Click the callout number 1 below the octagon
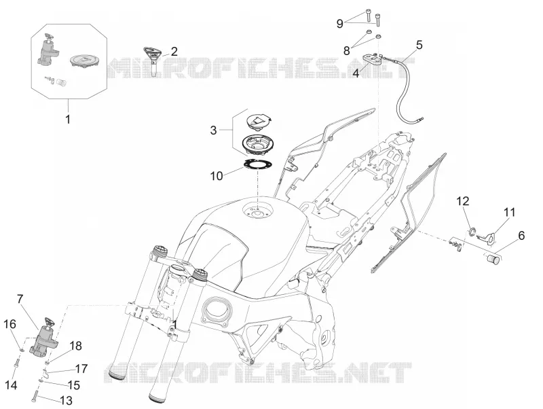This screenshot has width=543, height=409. pyautogui.click(x=68, y=119)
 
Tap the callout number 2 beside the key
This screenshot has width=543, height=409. pyautogui.click(x=174, y=52)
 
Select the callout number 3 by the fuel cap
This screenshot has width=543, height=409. pyautogui.click(x=213, y=130)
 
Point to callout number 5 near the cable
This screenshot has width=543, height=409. pyautogui.click(x=419, y=45)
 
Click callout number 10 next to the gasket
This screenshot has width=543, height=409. pyautogui.click(x=217, y=176)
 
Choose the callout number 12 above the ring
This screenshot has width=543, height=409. pyautogui.click(x=463, y=201)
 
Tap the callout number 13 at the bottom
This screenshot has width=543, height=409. pyautogui.click(x=66, y=401)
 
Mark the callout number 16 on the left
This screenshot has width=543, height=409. pyautogui.click(x=10, y=325)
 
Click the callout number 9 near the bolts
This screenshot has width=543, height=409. pyautogui.click(x=340, y=24)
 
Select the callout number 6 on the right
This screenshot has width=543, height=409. pyautogui.click(x=521, y=236)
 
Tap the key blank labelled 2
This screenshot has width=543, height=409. pyautogui.click(x=152, y=60)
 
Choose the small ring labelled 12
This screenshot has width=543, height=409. pyautogui.click(x=472, y=232)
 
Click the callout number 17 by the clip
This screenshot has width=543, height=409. pyautogui.click(x=81, y=369)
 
